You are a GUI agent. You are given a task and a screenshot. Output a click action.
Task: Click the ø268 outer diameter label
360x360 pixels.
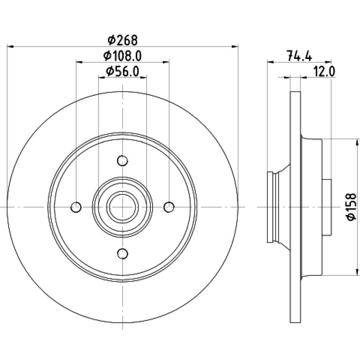tap(122, 40)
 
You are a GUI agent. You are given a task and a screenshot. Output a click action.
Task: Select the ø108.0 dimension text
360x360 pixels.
tap(122, 56)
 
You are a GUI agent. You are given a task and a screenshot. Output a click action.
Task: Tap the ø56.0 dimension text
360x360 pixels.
tap(122, 72)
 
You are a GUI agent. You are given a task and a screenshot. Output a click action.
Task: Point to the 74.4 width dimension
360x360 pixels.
tap(299, 56)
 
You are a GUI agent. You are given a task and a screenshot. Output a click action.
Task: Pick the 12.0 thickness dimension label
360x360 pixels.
tap(324, 72)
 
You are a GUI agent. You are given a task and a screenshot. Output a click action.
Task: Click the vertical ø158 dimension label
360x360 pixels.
tap(351, 207)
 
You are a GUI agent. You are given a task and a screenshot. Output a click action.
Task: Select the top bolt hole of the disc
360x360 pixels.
tap(122, 161)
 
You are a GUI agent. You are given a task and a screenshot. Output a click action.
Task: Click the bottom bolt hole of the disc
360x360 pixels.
tap(122, 253)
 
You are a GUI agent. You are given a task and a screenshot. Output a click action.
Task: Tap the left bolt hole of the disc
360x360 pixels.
tap(76, 207)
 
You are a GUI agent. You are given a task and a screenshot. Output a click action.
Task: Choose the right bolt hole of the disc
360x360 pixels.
tap(169, 207)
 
